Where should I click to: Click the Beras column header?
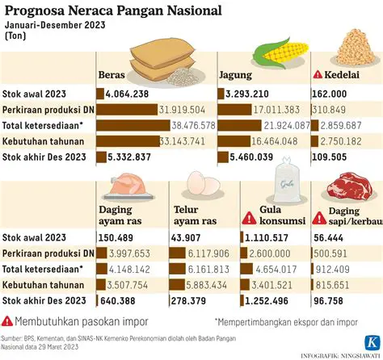[x=112, y=75]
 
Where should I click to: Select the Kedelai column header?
[x=342, y=75]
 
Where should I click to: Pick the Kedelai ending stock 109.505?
[x=329, y=155]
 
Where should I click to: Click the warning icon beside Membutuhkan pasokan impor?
[x=8, y=320]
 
